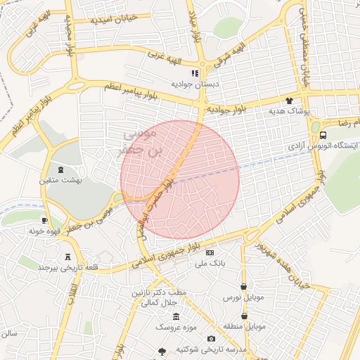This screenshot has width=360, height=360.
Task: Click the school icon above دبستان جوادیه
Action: [195, 72]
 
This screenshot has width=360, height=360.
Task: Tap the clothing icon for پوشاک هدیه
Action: [288, 100]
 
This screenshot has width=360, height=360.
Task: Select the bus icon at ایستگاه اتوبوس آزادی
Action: [323, 135]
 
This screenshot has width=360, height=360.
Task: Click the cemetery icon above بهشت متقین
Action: [60, 169]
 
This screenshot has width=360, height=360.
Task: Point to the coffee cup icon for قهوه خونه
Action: [45, 219]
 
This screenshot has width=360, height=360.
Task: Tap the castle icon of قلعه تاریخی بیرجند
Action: [67, 257]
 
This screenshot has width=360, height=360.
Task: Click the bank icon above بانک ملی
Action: [209, 252]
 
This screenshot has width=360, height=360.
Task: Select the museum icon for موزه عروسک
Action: [175, 316]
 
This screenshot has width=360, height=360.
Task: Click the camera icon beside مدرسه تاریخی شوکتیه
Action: [211, 338]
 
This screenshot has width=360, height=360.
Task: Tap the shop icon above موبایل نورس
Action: [243, 287]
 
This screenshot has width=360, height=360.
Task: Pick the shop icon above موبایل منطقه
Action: [243, 316]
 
